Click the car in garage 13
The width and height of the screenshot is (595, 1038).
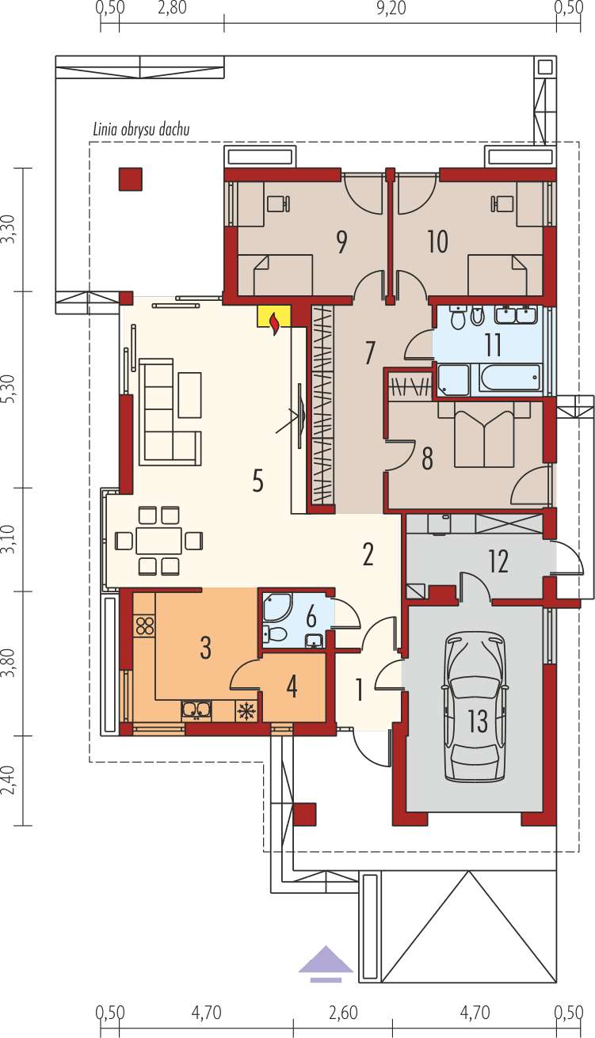coord(475,706)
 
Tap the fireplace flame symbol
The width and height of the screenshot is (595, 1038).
coord(274,322)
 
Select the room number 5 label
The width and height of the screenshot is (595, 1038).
coord(257,481)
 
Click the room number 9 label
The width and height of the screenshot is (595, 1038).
coord(341,242)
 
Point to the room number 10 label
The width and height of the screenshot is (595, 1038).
coord(437,242)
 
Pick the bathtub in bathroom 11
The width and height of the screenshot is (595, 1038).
coord(489,378)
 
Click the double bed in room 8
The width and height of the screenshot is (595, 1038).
coord(485,435)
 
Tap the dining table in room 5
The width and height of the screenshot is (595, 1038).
coord(158,540)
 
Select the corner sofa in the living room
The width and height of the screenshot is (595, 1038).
coord(167,412)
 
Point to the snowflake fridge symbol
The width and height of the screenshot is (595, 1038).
coord(247,710)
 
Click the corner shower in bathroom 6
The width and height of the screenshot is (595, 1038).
coord(277,608)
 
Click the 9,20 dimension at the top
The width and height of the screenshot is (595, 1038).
coord(388,9)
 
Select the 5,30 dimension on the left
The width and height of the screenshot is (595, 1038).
coord(9,390)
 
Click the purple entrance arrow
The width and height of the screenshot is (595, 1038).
coord(326,961)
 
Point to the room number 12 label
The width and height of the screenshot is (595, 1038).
coord(498,561)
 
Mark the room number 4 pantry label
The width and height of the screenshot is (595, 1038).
coord(292,686)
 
